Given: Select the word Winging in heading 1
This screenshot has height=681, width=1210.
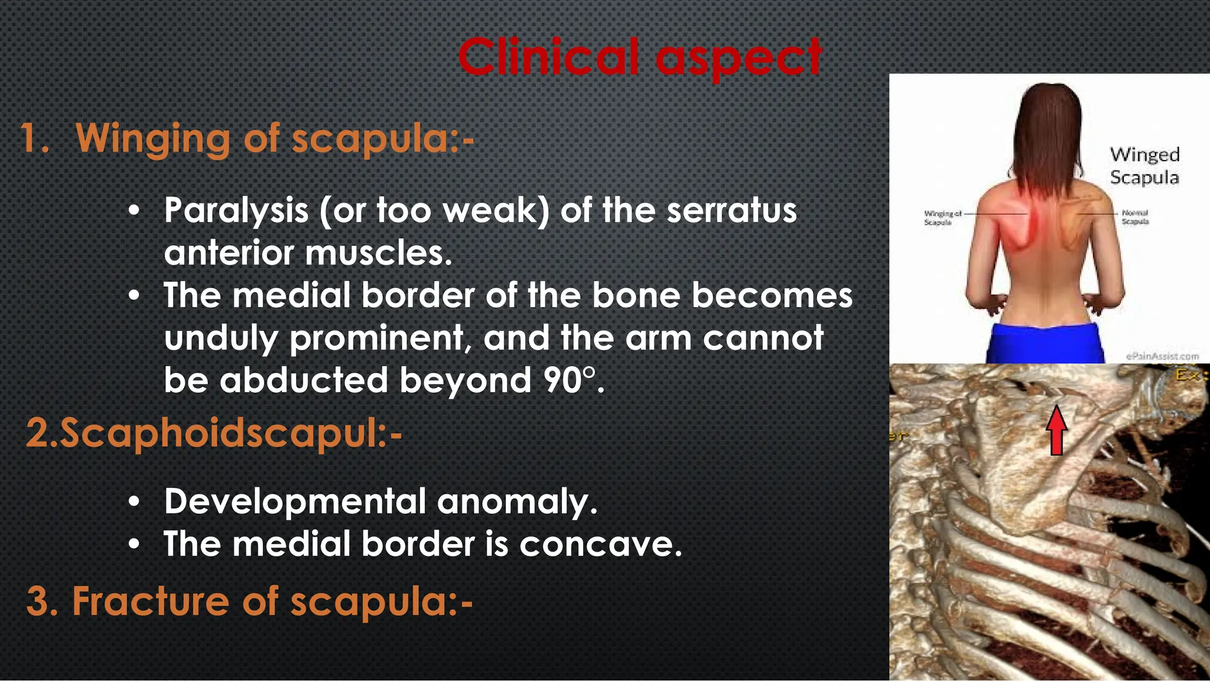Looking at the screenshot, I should (x=153, y=139).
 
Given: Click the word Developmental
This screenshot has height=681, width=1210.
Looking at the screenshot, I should (x=295, y=501).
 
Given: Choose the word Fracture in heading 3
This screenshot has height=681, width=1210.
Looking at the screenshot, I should (x=151, y=601).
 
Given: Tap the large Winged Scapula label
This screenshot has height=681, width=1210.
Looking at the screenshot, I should (x=1144, y=166).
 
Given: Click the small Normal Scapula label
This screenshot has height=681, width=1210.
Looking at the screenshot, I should (x=1135, y=217).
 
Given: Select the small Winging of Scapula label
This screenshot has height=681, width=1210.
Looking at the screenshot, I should (x=942, y=217).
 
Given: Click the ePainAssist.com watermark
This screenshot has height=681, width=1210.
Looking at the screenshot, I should (x=1162, y=356).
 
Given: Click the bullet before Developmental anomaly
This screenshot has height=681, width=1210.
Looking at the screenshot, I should (x=135, y=502).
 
